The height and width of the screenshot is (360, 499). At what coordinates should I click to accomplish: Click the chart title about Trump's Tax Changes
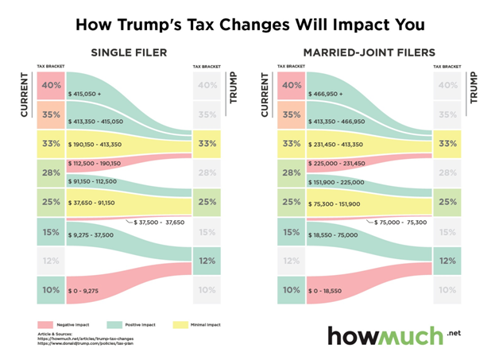(249, 23)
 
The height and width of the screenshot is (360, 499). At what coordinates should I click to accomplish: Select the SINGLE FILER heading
(129, 52)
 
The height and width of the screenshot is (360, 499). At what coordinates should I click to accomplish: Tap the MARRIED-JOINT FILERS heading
(366, 52)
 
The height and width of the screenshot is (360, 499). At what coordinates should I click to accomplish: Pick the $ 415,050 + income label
(85, 94)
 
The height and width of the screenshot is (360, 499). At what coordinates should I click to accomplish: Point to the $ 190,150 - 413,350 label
(99, 145)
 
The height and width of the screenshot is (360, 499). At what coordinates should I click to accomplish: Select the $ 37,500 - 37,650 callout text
(159, 223)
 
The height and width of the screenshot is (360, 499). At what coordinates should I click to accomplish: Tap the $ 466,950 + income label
(325, 94)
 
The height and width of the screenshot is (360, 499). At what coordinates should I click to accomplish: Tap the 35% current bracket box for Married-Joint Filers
(291, 114)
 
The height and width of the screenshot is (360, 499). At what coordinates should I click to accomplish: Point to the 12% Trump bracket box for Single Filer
(207, 261)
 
